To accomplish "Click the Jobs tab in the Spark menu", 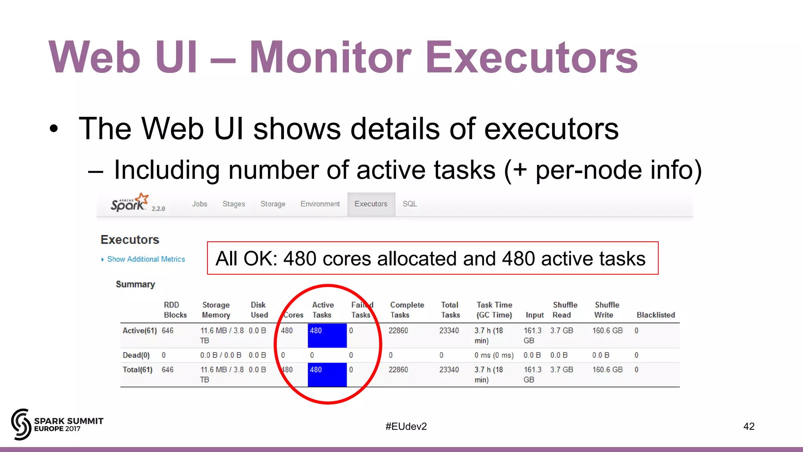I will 200,204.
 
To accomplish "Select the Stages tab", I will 234,204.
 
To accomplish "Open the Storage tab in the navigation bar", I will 273,204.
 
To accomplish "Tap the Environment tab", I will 320,204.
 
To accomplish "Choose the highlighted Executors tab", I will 371,204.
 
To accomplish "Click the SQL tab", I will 410,204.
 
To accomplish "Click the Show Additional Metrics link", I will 146,259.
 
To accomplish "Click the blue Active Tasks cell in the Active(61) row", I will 327,335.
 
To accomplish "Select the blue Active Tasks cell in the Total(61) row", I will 327,375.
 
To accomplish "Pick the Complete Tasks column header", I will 407,310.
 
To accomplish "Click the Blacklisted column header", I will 656,315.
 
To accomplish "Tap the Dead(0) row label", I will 136,355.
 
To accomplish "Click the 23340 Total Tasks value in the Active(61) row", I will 449,331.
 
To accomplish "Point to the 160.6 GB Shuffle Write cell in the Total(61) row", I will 607,370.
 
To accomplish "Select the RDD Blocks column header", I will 175,310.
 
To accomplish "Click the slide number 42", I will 749,426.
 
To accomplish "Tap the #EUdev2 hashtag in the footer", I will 406,426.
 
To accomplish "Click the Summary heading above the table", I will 135,284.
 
